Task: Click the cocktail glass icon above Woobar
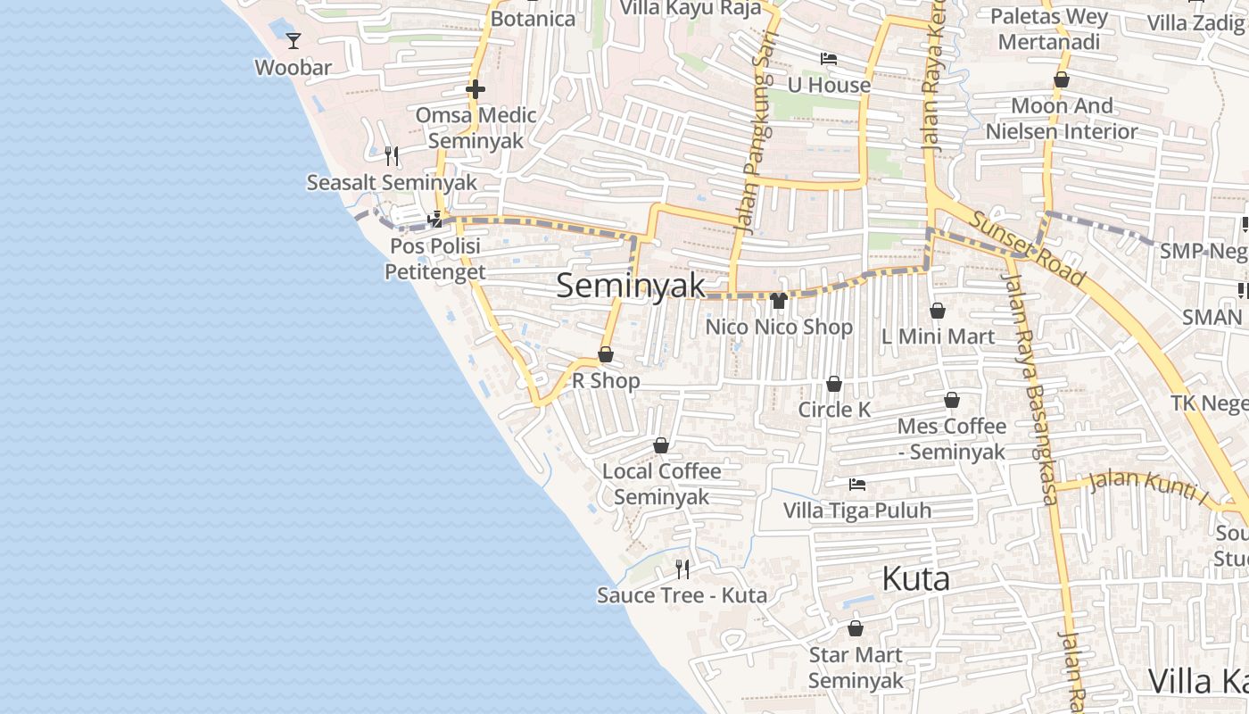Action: click(293, 40)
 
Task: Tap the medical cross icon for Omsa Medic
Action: click(476, 89)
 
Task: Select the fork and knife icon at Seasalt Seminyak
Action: click(392, 156)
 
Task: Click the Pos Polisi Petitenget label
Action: click(435, 259)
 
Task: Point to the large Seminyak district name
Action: click(631, 286)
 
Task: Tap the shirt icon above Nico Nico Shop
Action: click(779, 301)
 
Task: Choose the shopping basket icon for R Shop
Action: click(606, 355)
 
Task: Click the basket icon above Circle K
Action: click(834, 384)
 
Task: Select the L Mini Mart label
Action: click(938, 336)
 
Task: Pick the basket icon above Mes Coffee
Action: click(952, 400)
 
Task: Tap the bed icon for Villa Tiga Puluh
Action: click(857, 485)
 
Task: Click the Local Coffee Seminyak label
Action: click(662, 484)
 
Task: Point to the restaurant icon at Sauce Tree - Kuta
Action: click(682, 569)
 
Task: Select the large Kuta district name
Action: click(915, 579)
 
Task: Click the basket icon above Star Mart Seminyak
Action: click(856, 628)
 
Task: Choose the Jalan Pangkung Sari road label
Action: click(758, 134)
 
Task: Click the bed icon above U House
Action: click(829, 59)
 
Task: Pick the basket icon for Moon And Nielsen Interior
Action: click(1062, 80)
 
